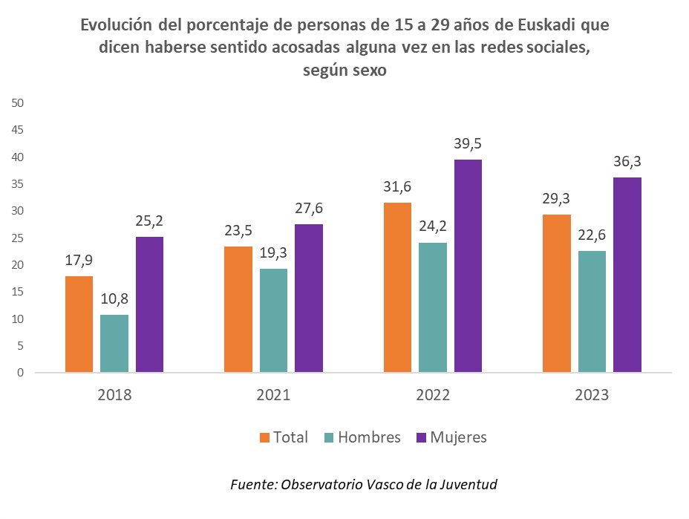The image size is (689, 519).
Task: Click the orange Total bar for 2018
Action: (79, 324)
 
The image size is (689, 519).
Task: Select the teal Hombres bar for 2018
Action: (114, 343)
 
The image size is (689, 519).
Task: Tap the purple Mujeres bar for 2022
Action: (468, 266)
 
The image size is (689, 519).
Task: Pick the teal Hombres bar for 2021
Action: (273, 320)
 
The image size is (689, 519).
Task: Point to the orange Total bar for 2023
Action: (557, 293)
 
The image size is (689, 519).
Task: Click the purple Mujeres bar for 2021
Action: (309, 298)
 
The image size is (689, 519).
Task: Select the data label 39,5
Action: (468, 144)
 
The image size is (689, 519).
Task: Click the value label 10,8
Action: (114, 299)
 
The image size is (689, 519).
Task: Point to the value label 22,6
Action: (592, 235)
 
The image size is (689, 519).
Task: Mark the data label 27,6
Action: (309, 209)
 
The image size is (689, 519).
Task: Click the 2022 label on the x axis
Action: (433, 395)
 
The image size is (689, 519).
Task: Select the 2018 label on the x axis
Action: (114, 395)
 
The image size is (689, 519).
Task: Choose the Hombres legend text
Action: (369, 437)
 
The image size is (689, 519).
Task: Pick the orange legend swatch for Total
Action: (265, 437)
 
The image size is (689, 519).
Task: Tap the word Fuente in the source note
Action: (252, 485)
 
